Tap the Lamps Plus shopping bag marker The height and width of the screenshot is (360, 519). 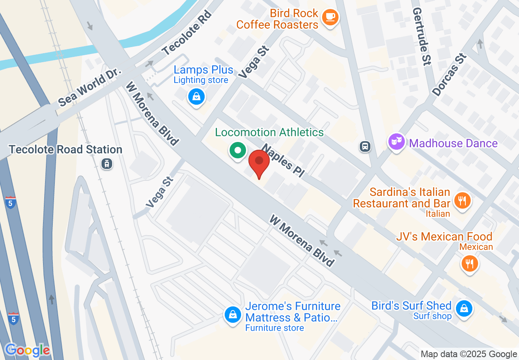[196, 97]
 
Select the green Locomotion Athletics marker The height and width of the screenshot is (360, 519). [237, 150]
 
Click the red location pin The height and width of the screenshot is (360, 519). [259, 162]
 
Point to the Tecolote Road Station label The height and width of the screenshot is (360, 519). [65, 149]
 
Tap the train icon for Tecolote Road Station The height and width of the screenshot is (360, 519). [107, 164]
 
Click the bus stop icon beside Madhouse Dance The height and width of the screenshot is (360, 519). [365, 146]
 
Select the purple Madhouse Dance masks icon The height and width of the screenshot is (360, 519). [396, 142]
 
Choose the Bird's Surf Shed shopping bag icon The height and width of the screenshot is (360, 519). [464, 308]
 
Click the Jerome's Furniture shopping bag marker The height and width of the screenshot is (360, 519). [232, 314]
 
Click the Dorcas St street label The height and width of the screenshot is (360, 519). [449, 75]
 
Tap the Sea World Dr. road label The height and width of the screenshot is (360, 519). [90, 87]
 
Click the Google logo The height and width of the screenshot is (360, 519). [27, 350]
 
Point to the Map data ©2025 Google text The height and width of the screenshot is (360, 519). [469, 354]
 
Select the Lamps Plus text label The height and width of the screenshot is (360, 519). [203, 70]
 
